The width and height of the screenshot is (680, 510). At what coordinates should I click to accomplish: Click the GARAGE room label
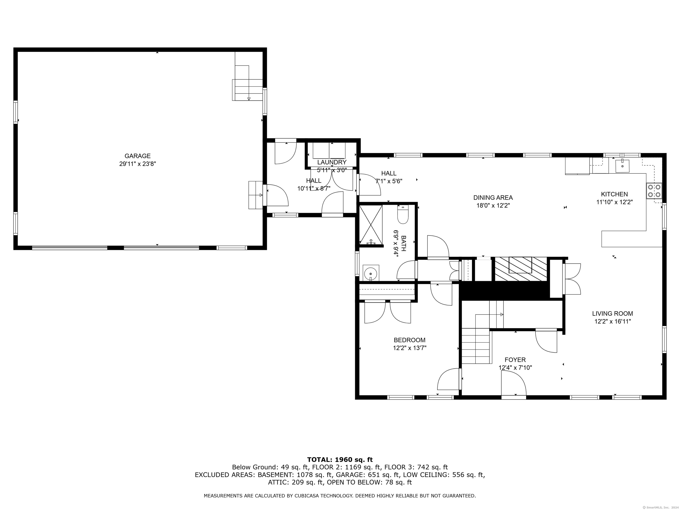pyautogui.click(x=137, y=156)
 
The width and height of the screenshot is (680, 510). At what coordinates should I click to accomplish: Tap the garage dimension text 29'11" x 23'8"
pyautogui.click(x=137, y=164)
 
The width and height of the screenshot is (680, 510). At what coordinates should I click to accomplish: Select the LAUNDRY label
pyautogui.click(x=332, y=162)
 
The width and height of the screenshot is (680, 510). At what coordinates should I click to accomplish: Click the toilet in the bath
pyautogui.click(x=402, y=214)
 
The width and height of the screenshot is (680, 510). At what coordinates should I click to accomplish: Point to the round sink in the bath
pyautogui.click(x=371, y=273)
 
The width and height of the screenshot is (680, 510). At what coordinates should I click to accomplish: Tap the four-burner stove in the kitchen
pyautogui.click(x=654, y=191)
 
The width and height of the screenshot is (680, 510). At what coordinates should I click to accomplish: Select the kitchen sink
pyautogui.click(x=622, y=166)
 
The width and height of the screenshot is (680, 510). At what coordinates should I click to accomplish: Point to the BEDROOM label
pyautogui.click(x=410, y=340)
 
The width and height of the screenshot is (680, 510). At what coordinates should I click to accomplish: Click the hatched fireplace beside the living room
pyautogui.click(x=520, y=269)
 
